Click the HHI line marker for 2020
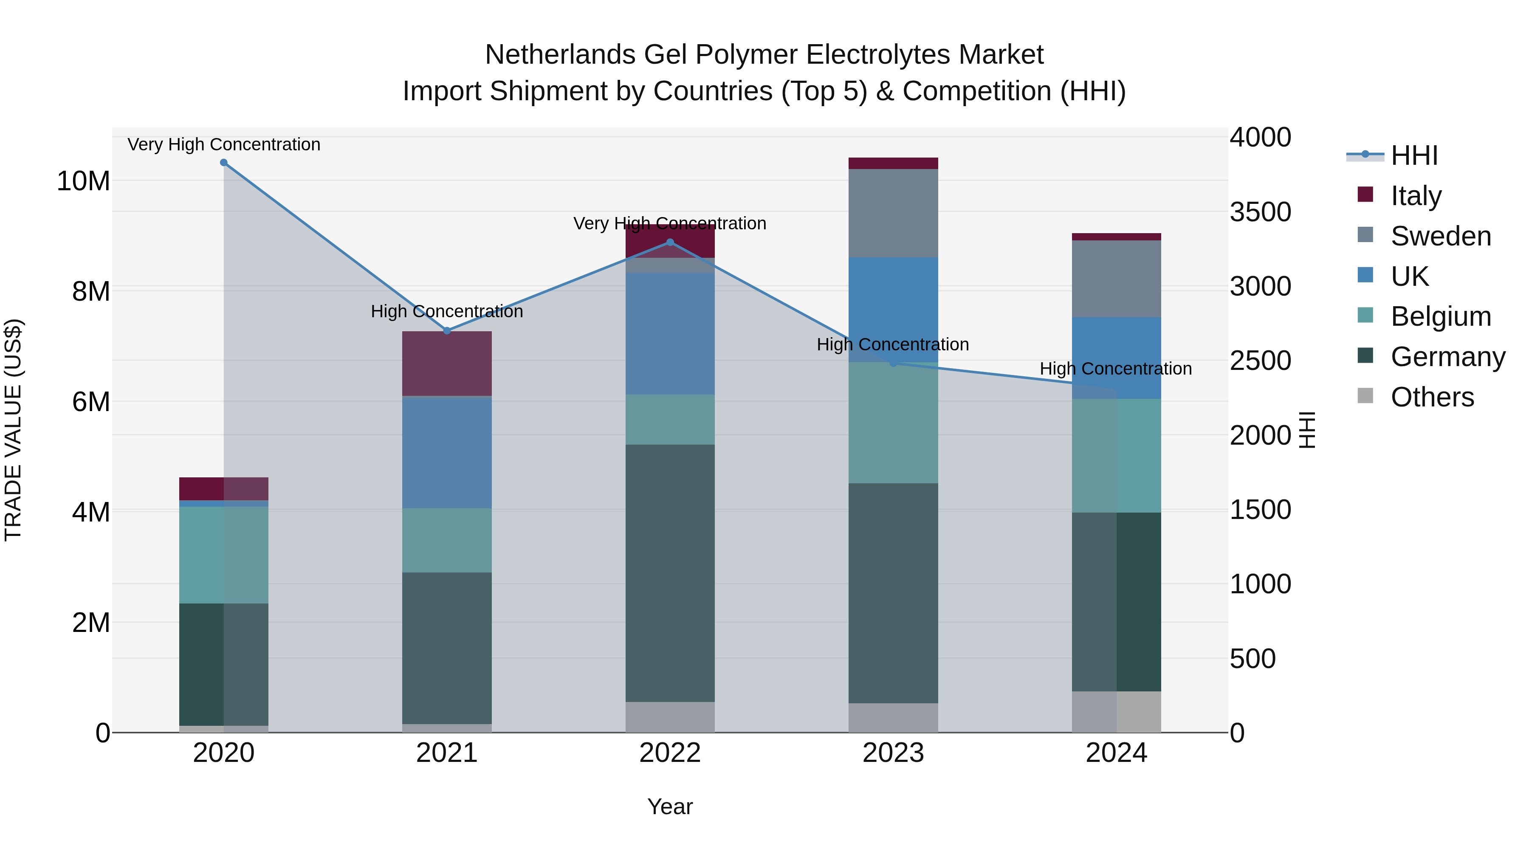coord(224,163)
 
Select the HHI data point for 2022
coord(670,242)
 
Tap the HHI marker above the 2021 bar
coord(447,330)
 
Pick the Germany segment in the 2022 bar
coord(670,573)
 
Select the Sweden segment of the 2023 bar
coord(893,213)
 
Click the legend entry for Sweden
coord(1441,236)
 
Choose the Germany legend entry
coord(1448,357)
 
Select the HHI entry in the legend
coord(1414,155)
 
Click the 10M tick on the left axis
coord(83,181)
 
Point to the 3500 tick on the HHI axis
coord(1260,212)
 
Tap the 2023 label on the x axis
coord(893,753)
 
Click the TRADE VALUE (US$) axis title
coord(13,430)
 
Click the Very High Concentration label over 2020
coord(224,144)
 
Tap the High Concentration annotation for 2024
coord(1115,369)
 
